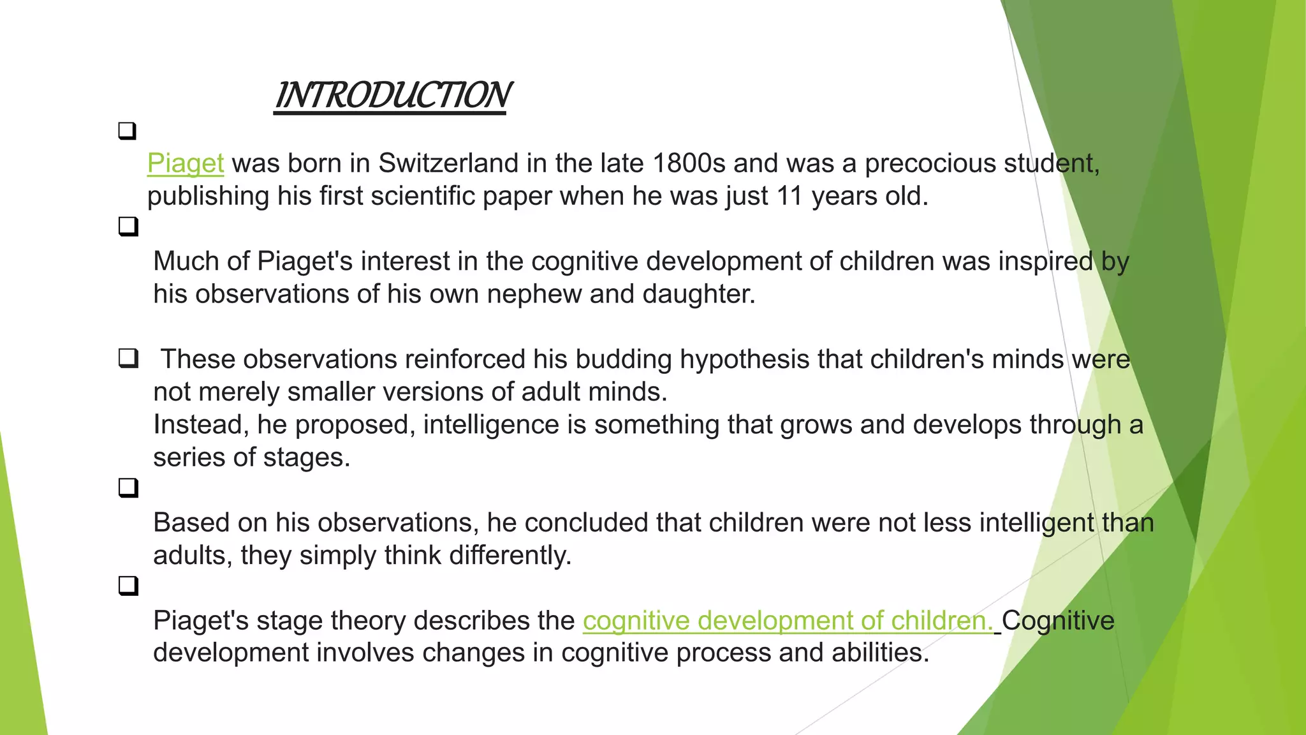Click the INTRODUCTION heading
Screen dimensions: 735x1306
point(391,96)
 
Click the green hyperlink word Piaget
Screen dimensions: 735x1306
point(186,163)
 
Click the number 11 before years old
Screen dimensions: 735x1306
point(789,196)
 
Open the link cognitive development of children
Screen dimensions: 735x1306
point(788,621)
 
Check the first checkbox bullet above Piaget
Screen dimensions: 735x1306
point(128,131)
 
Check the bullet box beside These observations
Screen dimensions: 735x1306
point(128,359)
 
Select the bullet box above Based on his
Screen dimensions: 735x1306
point(128,488)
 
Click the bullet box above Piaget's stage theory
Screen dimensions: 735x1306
point(128,585)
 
